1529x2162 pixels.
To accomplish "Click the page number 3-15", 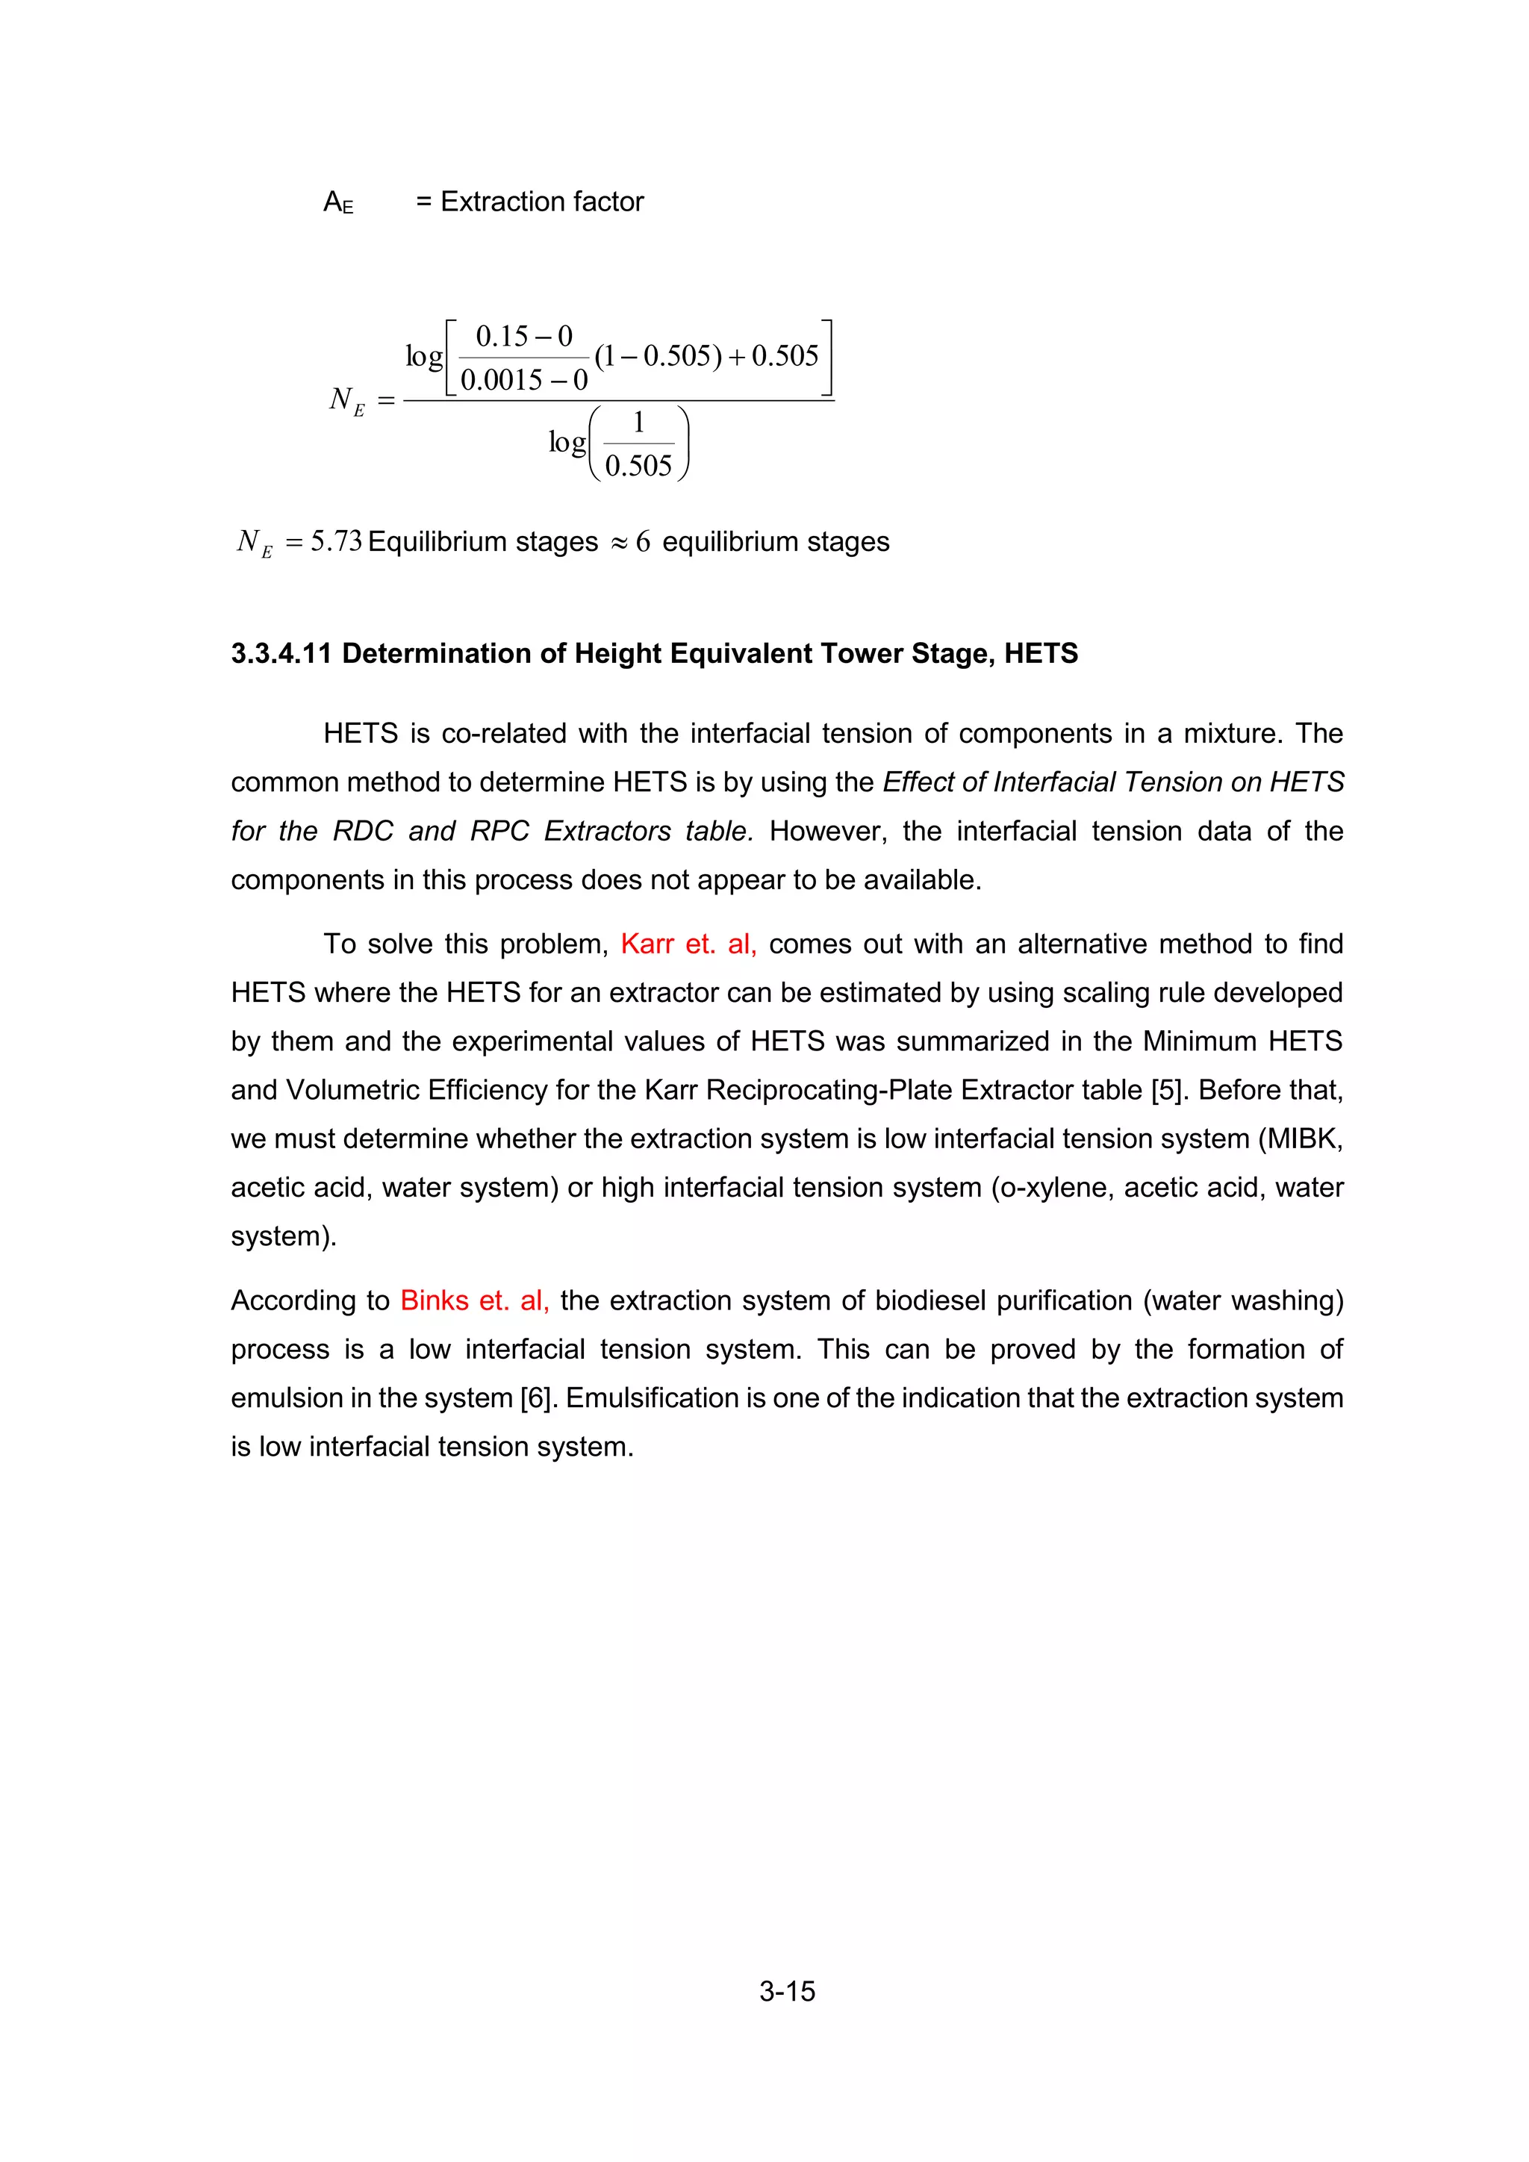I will (x=787, y=1992).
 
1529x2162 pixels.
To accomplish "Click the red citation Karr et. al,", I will (x=688, y=944).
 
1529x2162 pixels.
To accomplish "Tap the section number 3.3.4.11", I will (x=281, y=653).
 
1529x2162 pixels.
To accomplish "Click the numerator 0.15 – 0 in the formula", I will (x=523, y=336).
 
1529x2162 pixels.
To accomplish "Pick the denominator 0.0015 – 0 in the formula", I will (x=523, y=381).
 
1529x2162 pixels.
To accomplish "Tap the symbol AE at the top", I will (x=338, y=202).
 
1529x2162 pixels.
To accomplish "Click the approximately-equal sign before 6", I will (x=617, y=543).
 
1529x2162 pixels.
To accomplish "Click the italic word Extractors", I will (x=607, y=832).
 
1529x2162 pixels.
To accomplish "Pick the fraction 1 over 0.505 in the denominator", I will (x=638, y=444).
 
